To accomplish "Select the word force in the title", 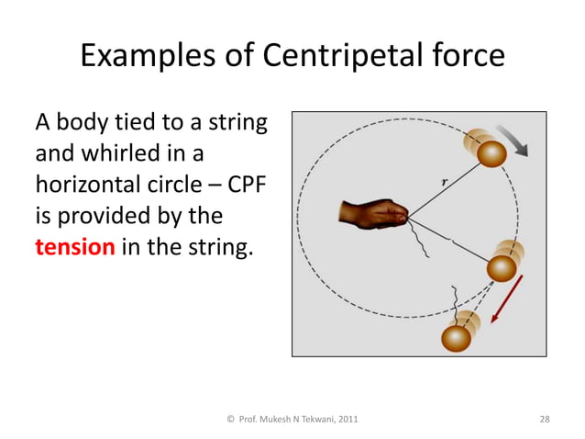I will click(463, 57).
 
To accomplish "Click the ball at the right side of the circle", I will click(502, 266).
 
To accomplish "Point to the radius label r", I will click(443, 182).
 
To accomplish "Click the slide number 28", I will click(545, 419).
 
